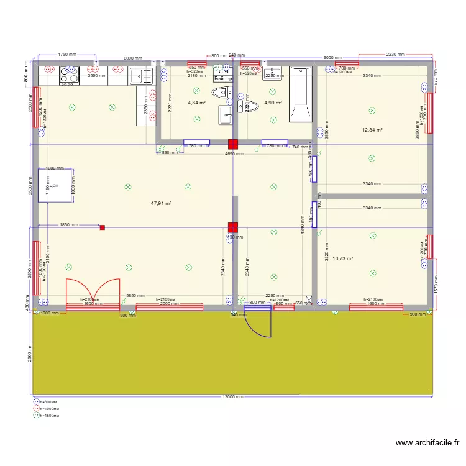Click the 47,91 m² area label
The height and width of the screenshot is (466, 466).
161,203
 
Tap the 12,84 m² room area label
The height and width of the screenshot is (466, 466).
372,130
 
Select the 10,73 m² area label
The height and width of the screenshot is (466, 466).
342,258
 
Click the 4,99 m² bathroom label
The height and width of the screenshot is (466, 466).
273,103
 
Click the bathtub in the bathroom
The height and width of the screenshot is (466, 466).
301,95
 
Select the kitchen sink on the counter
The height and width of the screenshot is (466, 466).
141,76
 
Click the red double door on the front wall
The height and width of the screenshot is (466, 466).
93,291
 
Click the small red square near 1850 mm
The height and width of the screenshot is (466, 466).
103,227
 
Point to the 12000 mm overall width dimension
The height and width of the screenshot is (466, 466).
233,396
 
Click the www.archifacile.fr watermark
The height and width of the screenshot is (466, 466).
427,443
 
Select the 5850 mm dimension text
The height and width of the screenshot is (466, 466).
135,296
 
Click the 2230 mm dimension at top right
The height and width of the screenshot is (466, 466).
396,55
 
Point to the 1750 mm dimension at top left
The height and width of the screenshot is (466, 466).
68,55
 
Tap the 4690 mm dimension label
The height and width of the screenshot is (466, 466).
234,153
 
